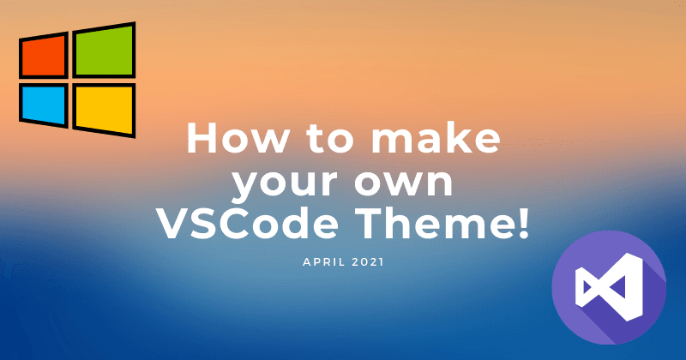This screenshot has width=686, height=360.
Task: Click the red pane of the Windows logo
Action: pyautogui.click(x=44, y=56)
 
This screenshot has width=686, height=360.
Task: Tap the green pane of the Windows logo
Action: pyautogui.click(x=104, y=51)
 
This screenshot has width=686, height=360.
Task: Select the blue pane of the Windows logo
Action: pyautogui.click(x=44, y=105)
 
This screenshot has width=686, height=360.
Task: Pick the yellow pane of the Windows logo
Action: pyautogui.click(x=104, y=110)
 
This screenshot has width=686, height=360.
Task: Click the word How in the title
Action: pyautogui.click(x=238, y=138)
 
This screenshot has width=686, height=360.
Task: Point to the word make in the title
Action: pyautogui.click(x=436, y=138)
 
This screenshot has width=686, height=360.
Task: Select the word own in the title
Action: pyautogui.click(x=403, y=183)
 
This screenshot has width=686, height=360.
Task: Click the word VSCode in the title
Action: pyautogui.click(x=247, y=223)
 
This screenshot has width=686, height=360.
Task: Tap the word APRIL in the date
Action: pyautogui.click(x=323, y=262)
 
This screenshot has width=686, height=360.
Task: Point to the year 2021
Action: pyautogui.click(x=368, y=262)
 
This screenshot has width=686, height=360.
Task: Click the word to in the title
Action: pyautogui.click(x=330, y=139)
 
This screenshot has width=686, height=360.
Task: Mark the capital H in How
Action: pyautogui.click(x=202, y=138)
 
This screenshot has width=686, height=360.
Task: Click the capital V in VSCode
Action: pyautogui.click(x=173, y=224)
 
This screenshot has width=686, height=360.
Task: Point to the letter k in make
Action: pyautogui.click(x=459, y=138)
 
